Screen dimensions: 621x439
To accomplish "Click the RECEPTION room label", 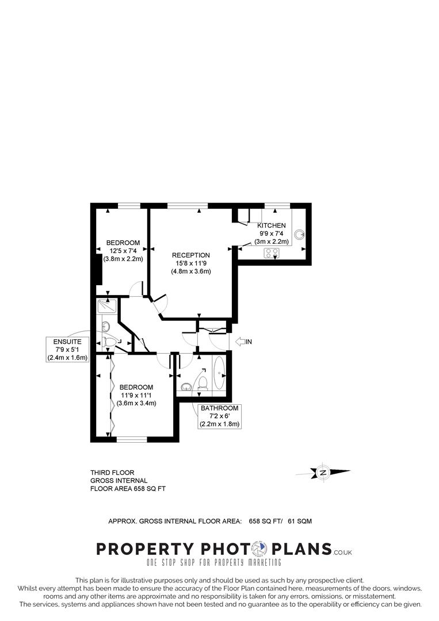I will (x=191, y=255).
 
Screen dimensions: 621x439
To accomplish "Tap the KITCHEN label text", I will (x=271, y=225).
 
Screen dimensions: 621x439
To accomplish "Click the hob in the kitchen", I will (x=271, y=252).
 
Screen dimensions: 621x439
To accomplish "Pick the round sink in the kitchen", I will (x=300, y=234).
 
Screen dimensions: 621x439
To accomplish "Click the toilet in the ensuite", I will (x=110, y=343).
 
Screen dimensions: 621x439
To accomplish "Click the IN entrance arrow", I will (x=244, y=342).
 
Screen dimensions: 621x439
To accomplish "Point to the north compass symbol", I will (x=323, y=473).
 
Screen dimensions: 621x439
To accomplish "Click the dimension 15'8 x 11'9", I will (x=191, y=263).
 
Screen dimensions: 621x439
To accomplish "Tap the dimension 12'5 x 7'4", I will (x=123, y=250).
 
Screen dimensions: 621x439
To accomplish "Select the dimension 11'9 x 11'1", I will (x=136, y=395).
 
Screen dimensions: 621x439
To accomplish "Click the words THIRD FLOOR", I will (x=112, y=473).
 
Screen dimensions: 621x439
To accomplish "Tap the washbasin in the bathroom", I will (x=185, y=386).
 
